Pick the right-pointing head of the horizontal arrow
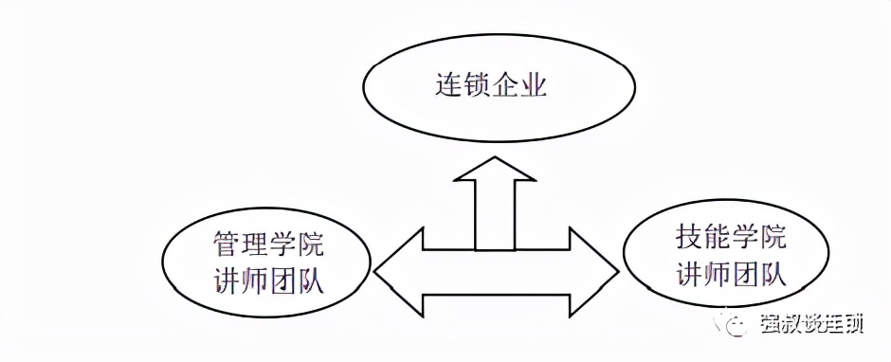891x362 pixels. point(592,273)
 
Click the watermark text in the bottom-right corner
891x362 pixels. point(811,325)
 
